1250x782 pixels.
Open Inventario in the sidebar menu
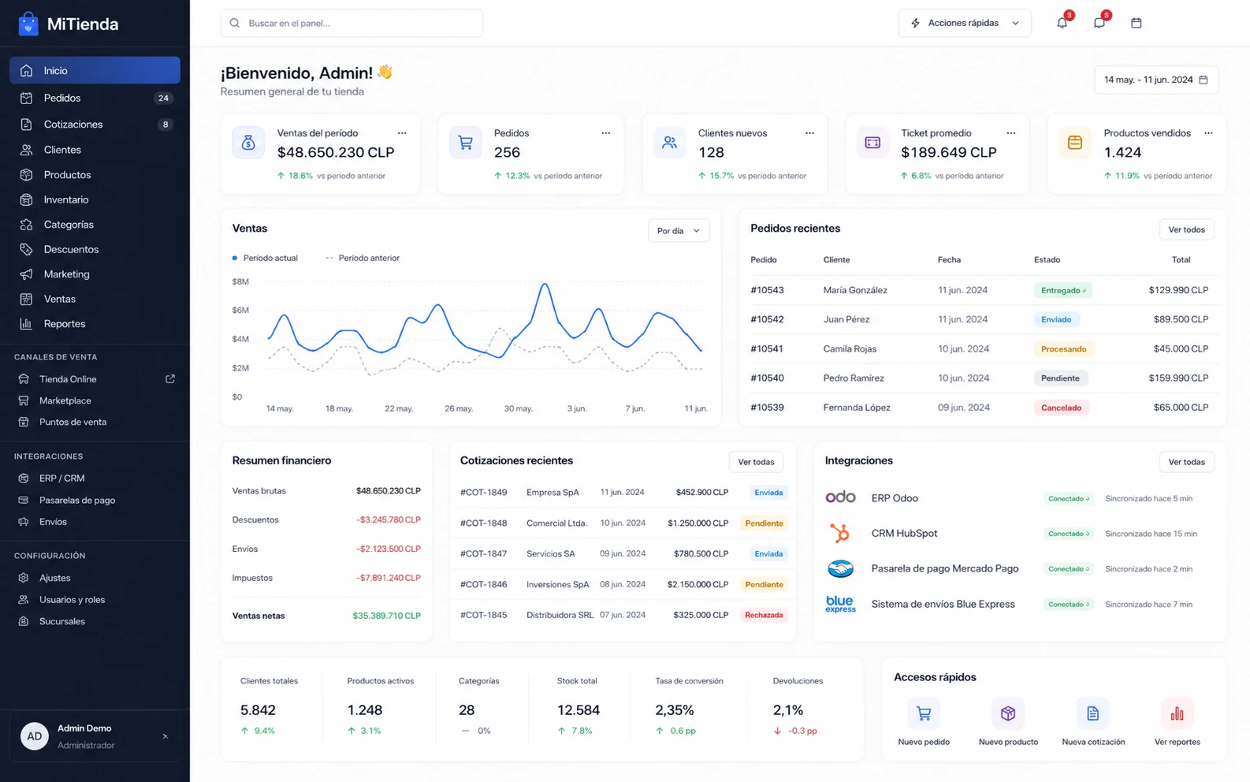(x=66, y=199)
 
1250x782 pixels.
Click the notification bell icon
(x=1062, y=23)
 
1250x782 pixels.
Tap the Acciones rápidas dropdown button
(x=964, y=23)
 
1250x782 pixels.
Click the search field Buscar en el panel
(x=352, y=23)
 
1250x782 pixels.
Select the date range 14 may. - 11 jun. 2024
(x=1156, y=80)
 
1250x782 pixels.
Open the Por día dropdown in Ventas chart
(x=679, y=230)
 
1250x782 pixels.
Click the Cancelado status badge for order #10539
(x=1061, y=408)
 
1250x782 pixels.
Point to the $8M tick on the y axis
(x=240, y=281)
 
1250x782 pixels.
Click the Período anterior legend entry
(x=363, y=258)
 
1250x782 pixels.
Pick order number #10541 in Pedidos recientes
(x=767, y=349)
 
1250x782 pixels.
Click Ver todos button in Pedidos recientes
(x=1186, y=229)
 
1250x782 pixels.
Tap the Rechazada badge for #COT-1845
(x=764, y=615)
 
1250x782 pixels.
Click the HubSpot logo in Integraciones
(x=840, y=533)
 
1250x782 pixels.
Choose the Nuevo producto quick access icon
(x=1008, y=713)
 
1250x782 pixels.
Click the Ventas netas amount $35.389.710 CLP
(x=386, y=616)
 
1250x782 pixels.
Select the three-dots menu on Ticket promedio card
(x=1010, y=133)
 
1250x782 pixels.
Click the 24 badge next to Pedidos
(x=163, y=98)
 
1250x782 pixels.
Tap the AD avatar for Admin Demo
(x=34, y=736)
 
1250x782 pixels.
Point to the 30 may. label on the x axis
(x=518, y=408)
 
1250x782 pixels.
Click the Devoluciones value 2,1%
(x=787, y=710)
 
